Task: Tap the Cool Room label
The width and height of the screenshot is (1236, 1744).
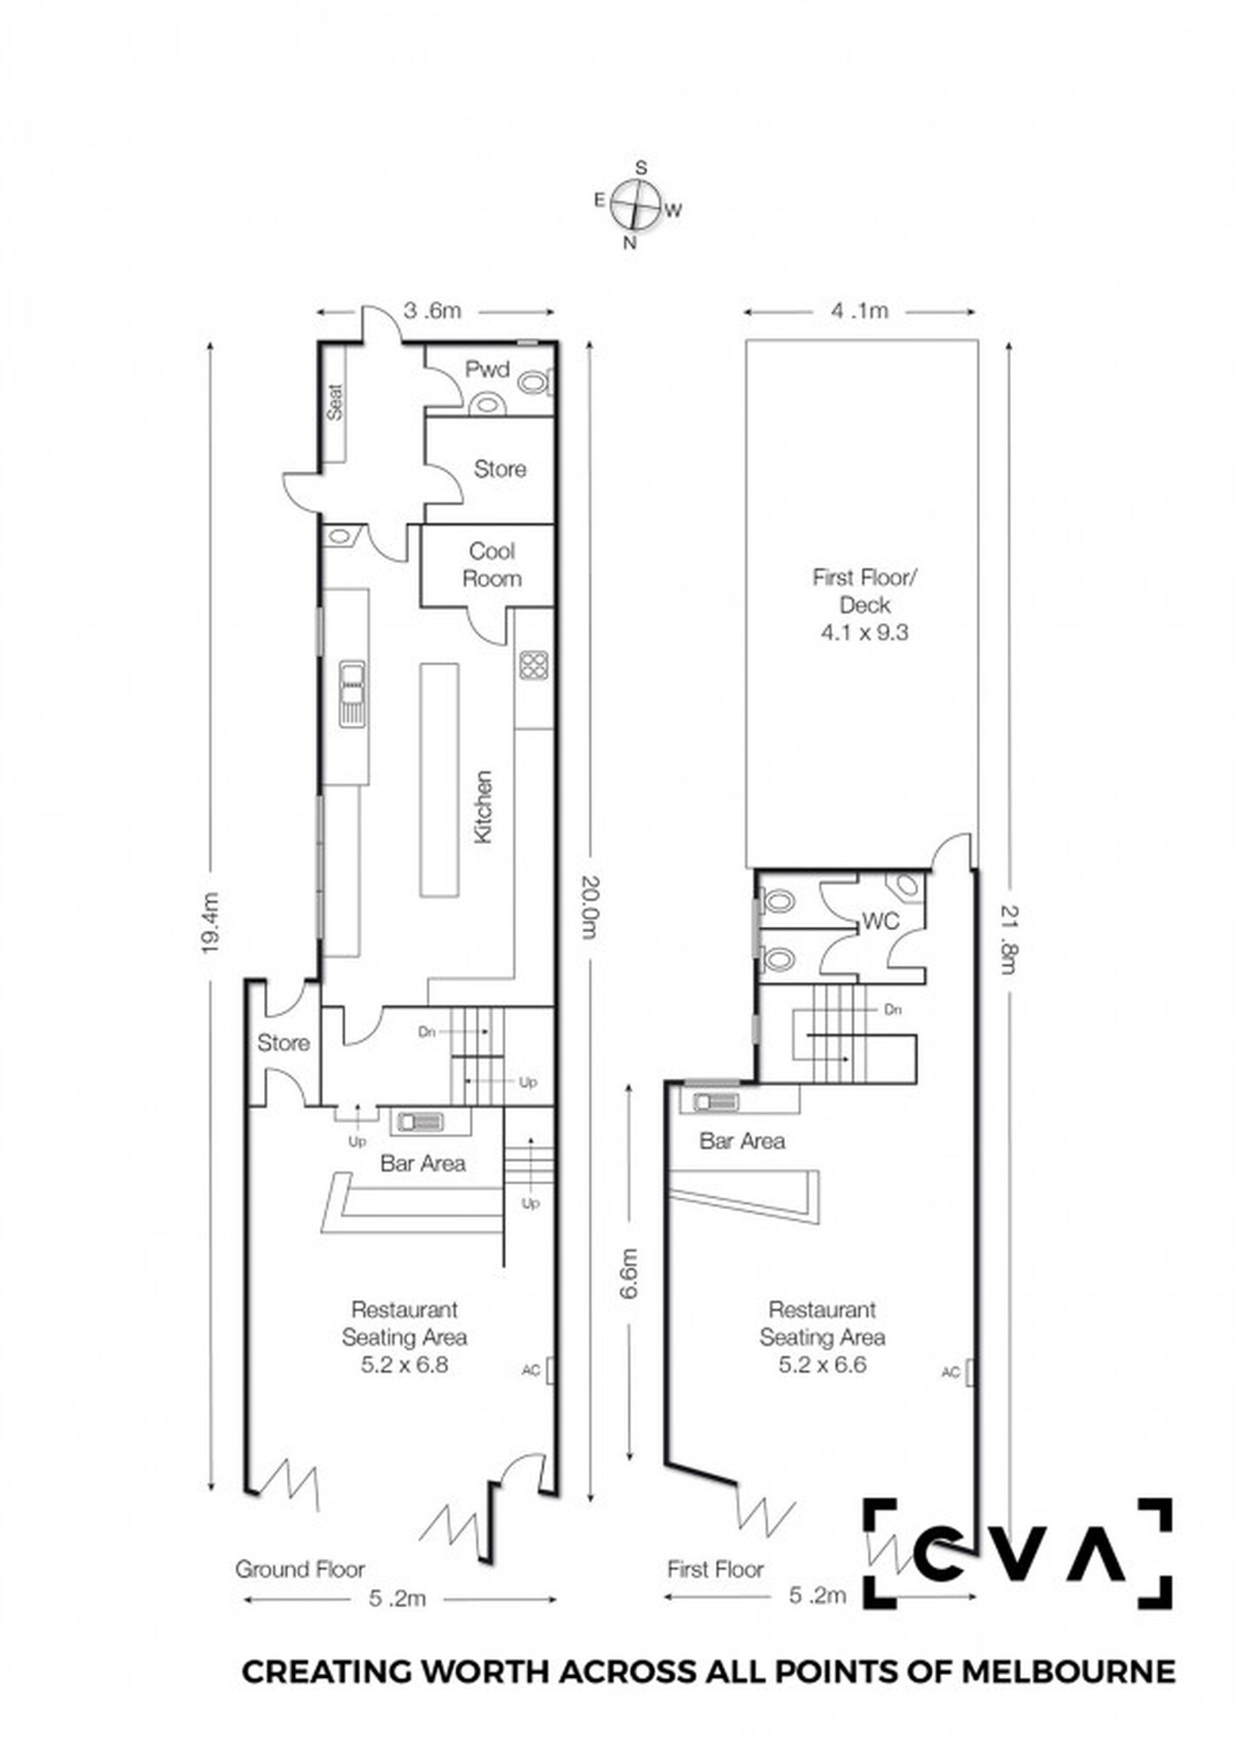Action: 492,565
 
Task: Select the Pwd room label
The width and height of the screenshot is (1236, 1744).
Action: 487,369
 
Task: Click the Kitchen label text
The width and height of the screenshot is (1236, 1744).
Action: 483,807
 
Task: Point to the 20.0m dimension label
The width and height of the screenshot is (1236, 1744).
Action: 589,907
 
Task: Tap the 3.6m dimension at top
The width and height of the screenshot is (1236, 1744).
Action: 433,311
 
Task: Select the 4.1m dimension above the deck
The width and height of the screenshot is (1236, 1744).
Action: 859,311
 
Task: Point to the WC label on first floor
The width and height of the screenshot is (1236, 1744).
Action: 880,921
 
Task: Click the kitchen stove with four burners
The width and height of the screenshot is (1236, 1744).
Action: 533,665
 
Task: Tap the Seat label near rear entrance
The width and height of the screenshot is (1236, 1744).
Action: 335,402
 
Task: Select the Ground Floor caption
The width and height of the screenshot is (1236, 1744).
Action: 299,1569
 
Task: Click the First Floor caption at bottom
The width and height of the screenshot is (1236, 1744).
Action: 715,1569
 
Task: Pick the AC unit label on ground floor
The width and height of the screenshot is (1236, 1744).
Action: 531,1370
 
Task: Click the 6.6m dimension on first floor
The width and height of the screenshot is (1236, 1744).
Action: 629,1274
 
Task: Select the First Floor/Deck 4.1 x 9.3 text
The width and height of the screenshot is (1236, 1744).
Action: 864,605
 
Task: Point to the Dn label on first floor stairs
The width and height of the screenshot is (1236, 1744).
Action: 893,1009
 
